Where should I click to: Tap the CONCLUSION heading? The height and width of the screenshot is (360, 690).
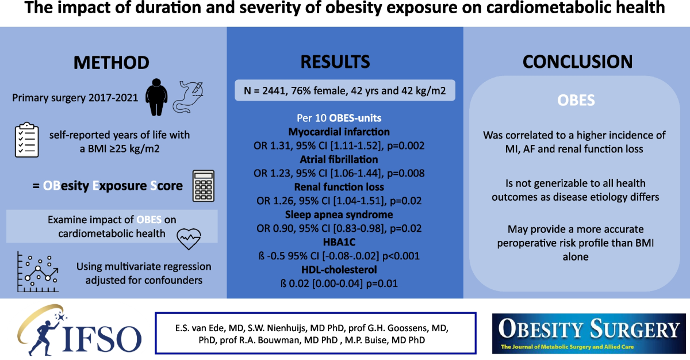[577, 62]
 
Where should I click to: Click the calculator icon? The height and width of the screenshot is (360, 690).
[203, 185]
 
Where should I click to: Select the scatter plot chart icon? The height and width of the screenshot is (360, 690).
[36, 271]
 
